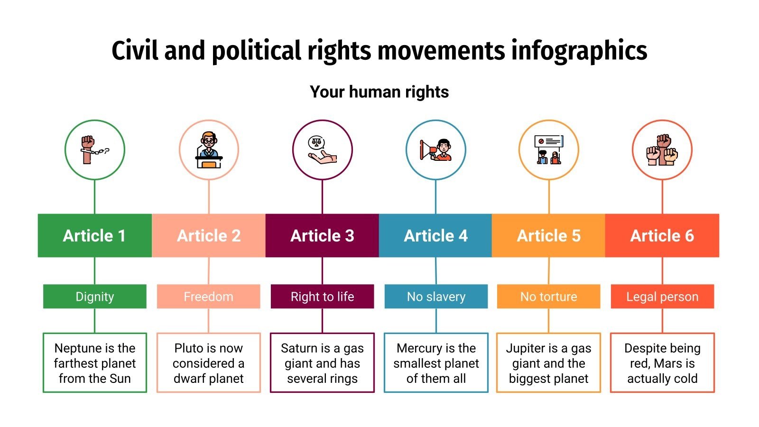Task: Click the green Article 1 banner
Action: [95, 235]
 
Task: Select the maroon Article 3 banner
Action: [322, 235]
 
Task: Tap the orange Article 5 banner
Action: [549, 235]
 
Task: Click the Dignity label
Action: [95, 297]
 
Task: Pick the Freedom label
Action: [209, 297]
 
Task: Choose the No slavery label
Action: [436, 297]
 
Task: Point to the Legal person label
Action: [662, 297]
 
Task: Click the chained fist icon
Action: [94, 150]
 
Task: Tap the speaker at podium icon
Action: [209, 150]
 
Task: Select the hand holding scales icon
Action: [322, 150]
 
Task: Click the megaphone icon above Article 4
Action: [435, 150]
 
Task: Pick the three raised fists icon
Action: [662, 150]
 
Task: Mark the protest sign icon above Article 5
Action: [549, 150]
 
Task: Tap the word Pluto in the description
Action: [189, 348]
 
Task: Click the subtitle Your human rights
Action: [379, 92]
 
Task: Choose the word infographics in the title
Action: [579, 51]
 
